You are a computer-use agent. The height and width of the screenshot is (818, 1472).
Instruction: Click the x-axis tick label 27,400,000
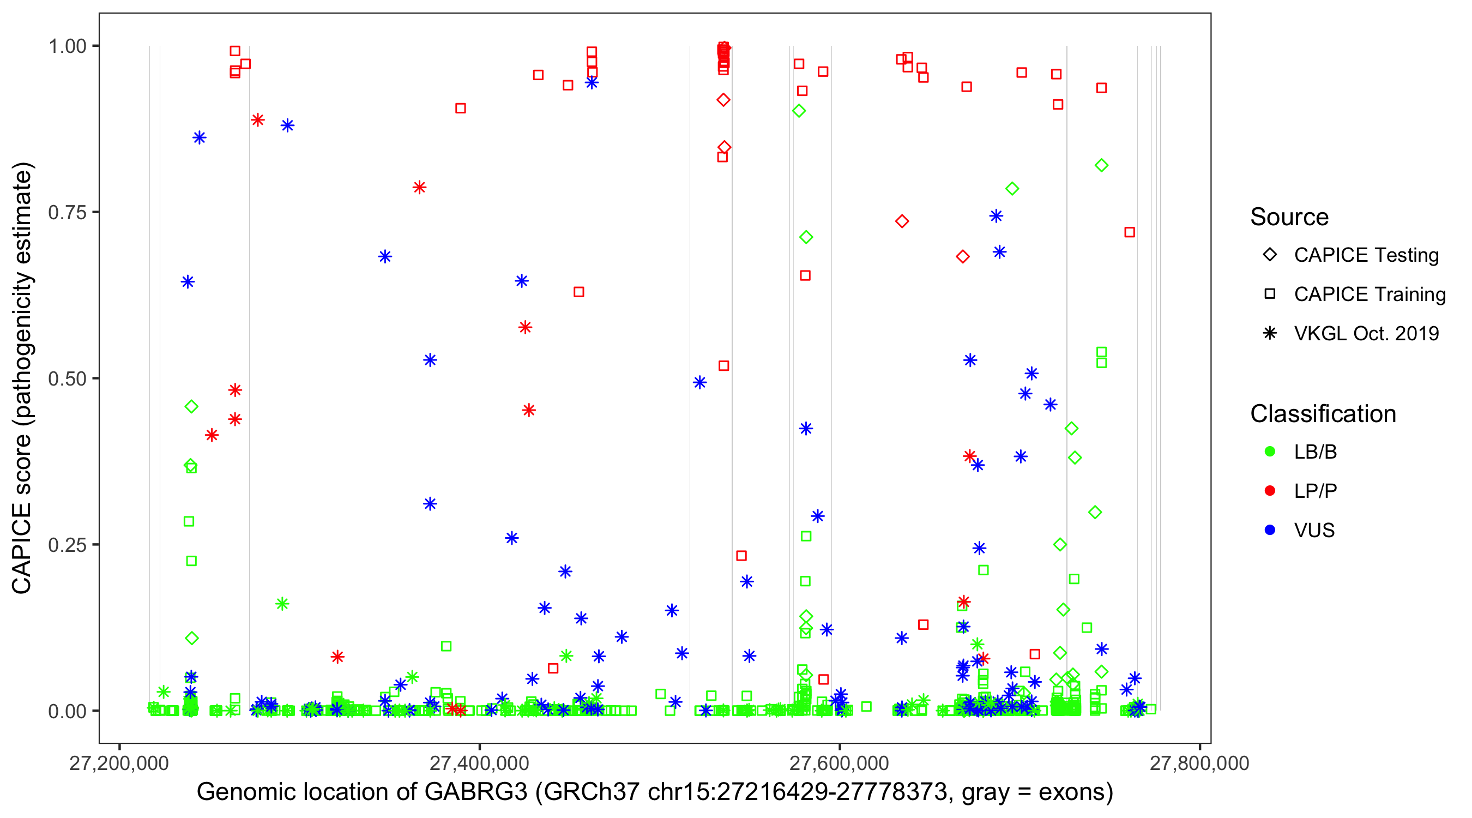coord(479,763)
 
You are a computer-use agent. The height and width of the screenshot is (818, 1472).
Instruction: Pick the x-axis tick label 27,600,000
coord(839,763)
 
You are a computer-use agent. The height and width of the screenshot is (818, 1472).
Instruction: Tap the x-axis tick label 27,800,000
coord(1199,763)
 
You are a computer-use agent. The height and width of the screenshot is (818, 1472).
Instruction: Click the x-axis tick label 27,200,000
coord(119,763)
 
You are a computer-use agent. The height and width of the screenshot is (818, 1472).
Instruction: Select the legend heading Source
coord(1289,217)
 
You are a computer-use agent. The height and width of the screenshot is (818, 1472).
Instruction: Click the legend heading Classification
coord(1323,414)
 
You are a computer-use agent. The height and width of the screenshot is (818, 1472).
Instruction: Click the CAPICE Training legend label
coord(1370,294)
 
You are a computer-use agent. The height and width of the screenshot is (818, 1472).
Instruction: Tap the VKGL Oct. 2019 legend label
coord(1366,334)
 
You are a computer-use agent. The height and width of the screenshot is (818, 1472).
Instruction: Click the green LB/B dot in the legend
coord(1270,452)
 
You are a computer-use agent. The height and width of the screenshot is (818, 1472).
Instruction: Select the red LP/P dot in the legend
coord(1270,491)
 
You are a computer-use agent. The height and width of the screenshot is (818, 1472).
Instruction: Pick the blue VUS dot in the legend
coord(1270,531)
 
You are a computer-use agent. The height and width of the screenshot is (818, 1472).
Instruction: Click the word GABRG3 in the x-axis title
coord(475,792)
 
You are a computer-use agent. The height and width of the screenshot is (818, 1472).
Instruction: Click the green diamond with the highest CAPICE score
coord(799,111)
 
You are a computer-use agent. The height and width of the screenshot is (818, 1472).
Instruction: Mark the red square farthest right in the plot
coord(1129,232)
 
